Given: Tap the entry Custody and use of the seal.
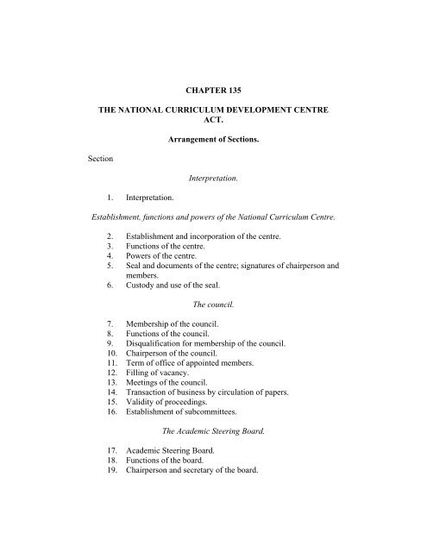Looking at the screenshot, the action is pos(185,315).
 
